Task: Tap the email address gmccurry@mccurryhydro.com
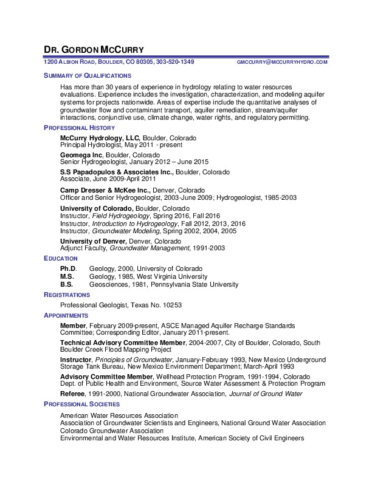coord(282,63)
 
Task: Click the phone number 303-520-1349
coord(175,62)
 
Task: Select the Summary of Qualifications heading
coord(87,76)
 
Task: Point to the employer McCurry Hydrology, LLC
coord(100,138)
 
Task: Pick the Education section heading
coord(60,259)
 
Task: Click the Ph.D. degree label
coord(68,268)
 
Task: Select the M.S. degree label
coord(67,276)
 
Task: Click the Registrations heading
coord(66,295)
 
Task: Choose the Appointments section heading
coord(66,316)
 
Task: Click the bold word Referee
coord(73,394)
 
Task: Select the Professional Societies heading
coord(81,404)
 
